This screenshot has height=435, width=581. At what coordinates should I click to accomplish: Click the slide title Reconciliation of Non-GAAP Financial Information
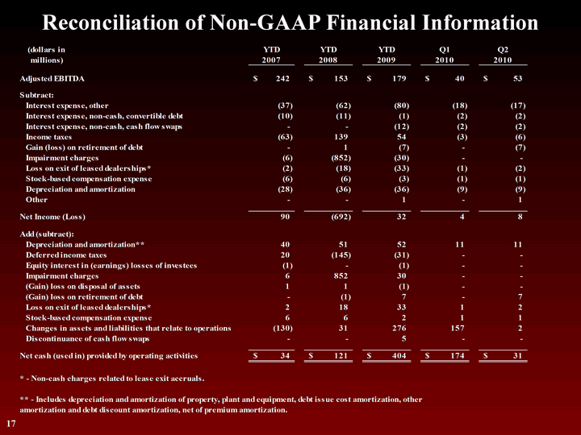pyautogui.click(x=290, y=22)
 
